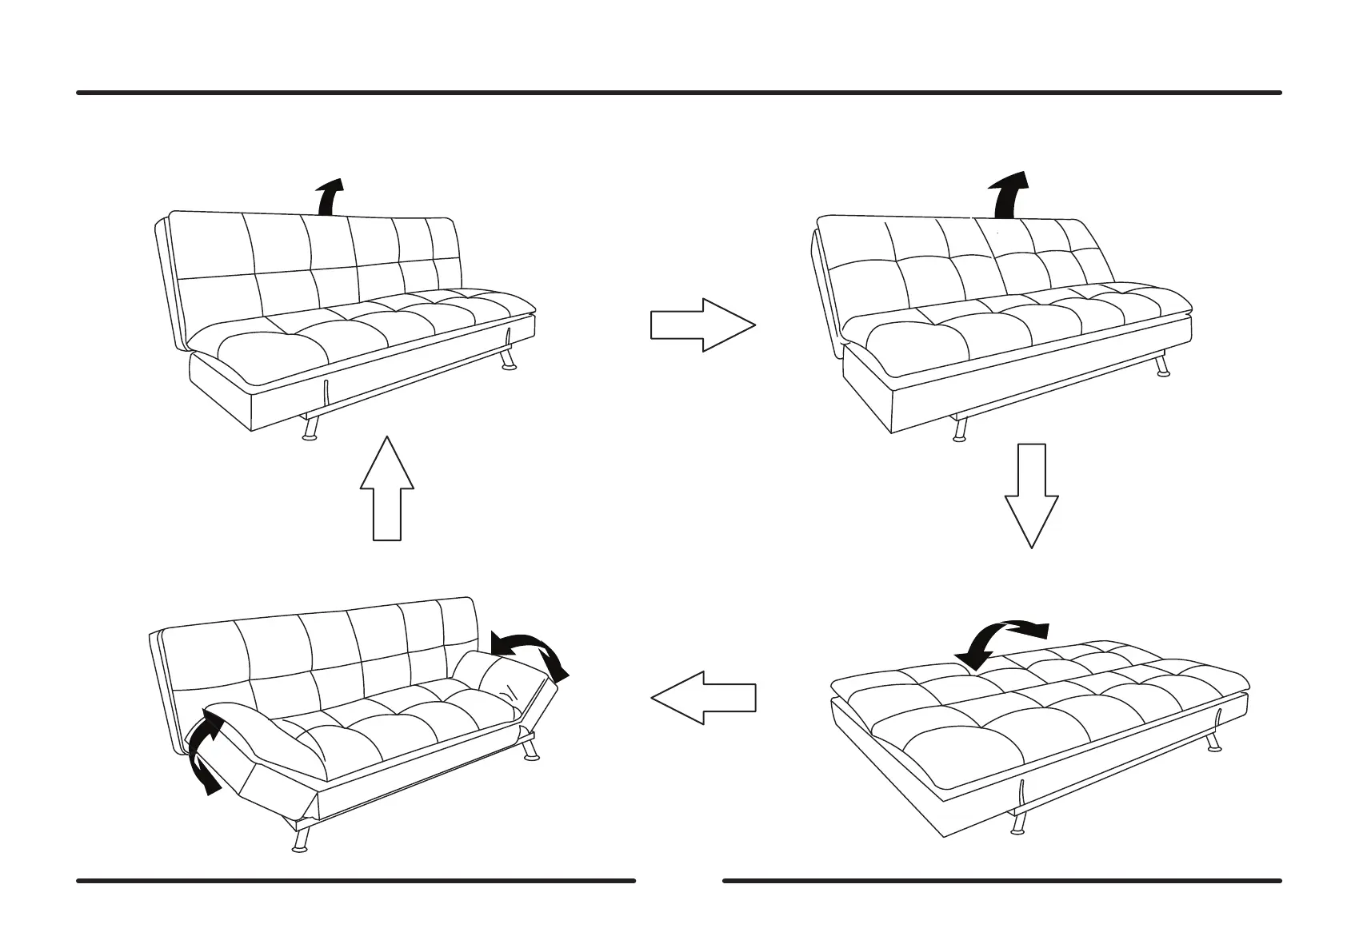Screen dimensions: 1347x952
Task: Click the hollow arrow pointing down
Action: (x=1032, y=496)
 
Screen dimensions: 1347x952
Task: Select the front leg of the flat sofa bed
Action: (x=1017, y=823)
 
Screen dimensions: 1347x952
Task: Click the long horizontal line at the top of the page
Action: (x=678, y=93)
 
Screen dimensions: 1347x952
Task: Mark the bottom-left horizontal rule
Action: (x=356, y=881)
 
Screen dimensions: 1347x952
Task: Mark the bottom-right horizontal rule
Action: (x=1001, y=881)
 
